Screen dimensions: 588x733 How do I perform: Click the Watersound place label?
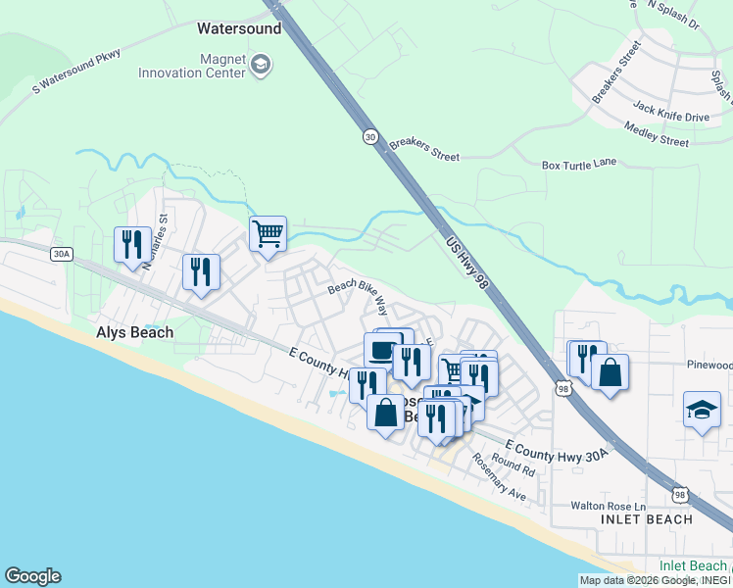click(239, 28)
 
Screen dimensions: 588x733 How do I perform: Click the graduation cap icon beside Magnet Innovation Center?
click(261, 66)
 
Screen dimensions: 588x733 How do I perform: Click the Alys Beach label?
click(134, 332)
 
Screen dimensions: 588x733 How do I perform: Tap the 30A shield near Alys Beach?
click(61, 254)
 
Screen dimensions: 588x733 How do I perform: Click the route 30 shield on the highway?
click(369, 135)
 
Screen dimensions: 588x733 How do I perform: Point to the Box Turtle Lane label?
click(579, 164)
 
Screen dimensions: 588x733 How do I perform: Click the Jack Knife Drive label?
click(670, 117)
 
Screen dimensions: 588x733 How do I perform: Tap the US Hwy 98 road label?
click(465, 261)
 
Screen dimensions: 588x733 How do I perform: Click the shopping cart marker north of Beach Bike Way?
click(268, 234)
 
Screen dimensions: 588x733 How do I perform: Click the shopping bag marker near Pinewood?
click(610, 372)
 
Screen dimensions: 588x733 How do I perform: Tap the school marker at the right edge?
click(702, 410)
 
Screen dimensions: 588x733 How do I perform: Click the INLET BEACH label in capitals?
click(647, 519)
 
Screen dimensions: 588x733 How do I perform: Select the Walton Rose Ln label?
click(610, 506)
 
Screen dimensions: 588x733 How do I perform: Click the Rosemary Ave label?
click(499, 477)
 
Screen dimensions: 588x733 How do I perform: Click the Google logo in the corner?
click(32, 576)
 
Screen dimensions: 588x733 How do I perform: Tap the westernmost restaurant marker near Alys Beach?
click(132, 244)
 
